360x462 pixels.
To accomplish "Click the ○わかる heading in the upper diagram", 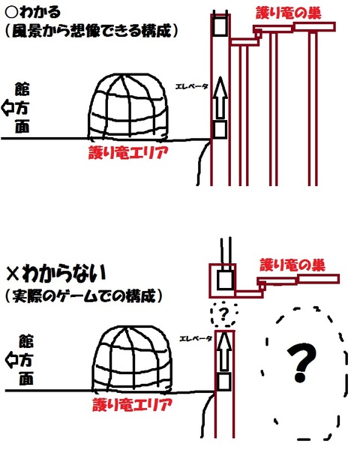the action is point(33,12).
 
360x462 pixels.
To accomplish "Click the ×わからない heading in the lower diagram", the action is point(55,274).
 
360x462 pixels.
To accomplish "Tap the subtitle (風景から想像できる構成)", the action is point(91,31).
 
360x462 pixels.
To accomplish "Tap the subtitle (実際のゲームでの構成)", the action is point(84,295).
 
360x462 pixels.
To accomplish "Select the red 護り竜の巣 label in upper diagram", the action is point(289,13).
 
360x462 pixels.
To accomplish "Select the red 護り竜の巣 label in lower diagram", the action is point(292,265).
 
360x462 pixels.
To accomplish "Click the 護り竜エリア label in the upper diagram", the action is point(128,153).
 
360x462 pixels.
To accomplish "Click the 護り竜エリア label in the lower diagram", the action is point(132,404).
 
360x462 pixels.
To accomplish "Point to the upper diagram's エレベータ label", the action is point(192,86).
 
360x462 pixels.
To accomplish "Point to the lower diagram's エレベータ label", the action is point(196,338).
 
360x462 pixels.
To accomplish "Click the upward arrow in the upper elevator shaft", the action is point(220,97).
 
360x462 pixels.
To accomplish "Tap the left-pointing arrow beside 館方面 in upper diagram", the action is point(7,108).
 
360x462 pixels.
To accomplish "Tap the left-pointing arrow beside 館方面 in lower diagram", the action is point(11,360).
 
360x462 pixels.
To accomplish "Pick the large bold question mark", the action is point(301,362).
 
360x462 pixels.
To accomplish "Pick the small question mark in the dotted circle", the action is point(223,314).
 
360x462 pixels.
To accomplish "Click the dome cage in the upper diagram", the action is point(128,106).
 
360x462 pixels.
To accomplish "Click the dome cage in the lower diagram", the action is point(133,358).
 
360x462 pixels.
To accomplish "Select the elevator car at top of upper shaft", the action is point(220,26).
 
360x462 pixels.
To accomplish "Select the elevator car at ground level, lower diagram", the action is point(224,381).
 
